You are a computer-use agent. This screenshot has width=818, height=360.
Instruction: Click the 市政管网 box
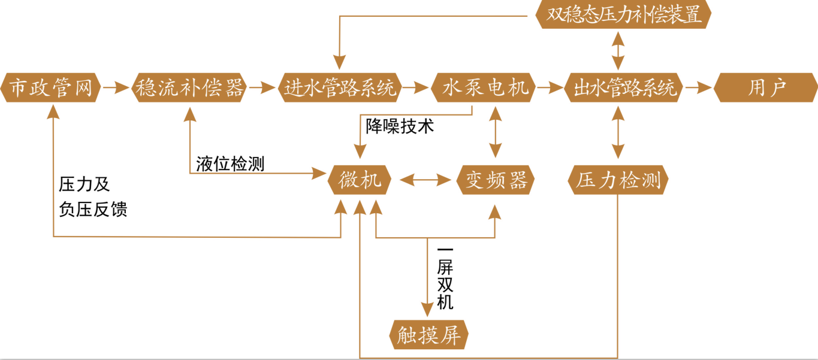(x=51, y=88)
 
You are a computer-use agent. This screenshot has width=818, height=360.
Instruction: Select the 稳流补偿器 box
(x=189, y=88)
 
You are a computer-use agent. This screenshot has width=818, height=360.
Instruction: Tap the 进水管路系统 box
(x=340, y=88)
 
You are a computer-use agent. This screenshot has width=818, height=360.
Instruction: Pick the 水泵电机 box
(x=483, y=88)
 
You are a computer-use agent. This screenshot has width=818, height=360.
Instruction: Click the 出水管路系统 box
(x=623, y=88)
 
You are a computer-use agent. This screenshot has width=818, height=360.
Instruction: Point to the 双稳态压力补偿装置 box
(x=624, y=14)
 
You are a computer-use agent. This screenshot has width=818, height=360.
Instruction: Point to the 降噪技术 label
(x=400, y=127)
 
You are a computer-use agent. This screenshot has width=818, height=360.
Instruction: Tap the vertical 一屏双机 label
(x=445, y=278)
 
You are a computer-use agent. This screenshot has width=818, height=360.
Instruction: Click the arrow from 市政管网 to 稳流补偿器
(x=116, y=88)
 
